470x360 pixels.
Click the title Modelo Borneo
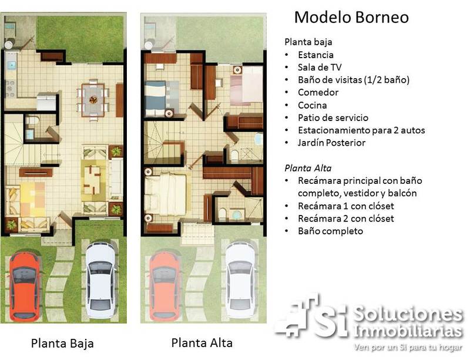[x=351, y=17]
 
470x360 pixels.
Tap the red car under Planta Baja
[x=24, y=286]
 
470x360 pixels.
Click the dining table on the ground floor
[x=93, y=100]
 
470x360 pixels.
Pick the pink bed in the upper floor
[x=246, y=86]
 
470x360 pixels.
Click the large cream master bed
[x=168, y=194]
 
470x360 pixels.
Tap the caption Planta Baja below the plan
[x=62, y=344]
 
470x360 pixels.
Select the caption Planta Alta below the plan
[x=202, y=343]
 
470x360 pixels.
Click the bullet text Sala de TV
[x=320, y=68]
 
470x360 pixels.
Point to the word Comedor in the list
[x=318, y=92]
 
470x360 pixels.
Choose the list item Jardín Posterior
[x=331, y=143]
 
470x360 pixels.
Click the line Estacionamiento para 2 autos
[x=361, y=130]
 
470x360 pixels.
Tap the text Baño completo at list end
[x=330, y=231]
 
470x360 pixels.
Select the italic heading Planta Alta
[x=308, y=168]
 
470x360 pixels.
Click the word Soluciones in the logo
[x=408, y=314]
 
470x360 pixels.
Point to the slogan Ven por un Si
[x=408, y=348]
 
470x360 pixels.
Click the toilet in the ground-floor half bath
[x=33, y=120]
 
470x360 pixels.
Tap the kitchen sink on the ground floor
[x=12, y=65]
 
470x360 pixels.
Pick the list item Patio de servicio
[x=333, y=117]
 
